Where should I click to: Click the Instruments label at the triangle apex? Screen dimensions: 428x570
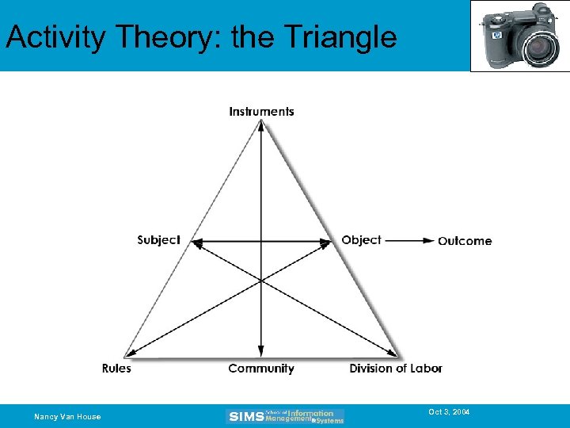coord(261,112)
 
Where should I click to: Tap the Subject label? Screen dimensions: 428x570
coord(158,240)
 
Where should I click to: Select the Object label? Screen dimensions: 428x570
coord(361,240)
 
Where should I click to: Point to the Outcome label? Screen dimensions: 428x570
coord(465,241)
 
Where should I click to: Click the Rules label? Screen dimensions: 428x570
coord(116,369)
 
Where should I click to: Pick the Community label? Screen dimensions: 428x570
coord(261,369)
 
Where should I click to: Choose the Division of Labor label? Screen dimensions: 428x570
coord(396,369)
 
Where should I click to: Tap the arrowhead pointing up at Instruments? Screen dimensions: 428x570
coord(261,124)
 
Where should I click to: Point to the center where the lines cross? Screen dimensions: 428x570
coord(261,279)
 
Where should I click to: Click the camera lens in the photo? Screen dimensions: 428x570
coord(539,48)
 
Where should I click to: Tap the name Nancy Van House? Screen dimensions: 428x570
coord(67,417)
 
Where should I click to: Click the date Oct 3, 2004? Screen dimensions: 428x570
coord(449,412)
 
